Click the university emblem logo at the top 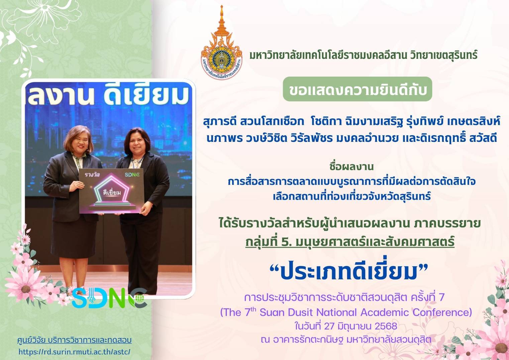click(221, 43)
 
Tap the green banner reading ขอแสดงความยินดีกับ click(357, 89)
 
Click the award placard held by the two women click(111, 191)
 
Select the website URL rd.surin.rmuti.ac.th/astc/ click(74, 352)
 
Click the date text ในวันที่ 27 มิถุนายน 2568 click(346, 326)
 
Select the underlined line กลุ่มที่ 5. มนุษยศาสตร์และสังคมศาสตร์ click(350, 242)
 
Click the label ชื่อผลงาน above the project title click(351, 167)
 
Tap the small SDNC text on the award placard click(132, 175)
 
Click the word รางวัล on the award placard click(92, 175)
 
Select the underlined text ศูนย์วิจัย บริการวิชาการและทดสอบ click(75, 340)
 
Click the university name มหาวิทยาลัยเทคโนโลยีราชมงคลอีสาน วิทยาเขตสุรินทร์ click(363, 55)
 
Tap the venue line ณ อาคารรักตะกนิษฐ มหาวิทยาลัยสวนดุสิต click(346, 340)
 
